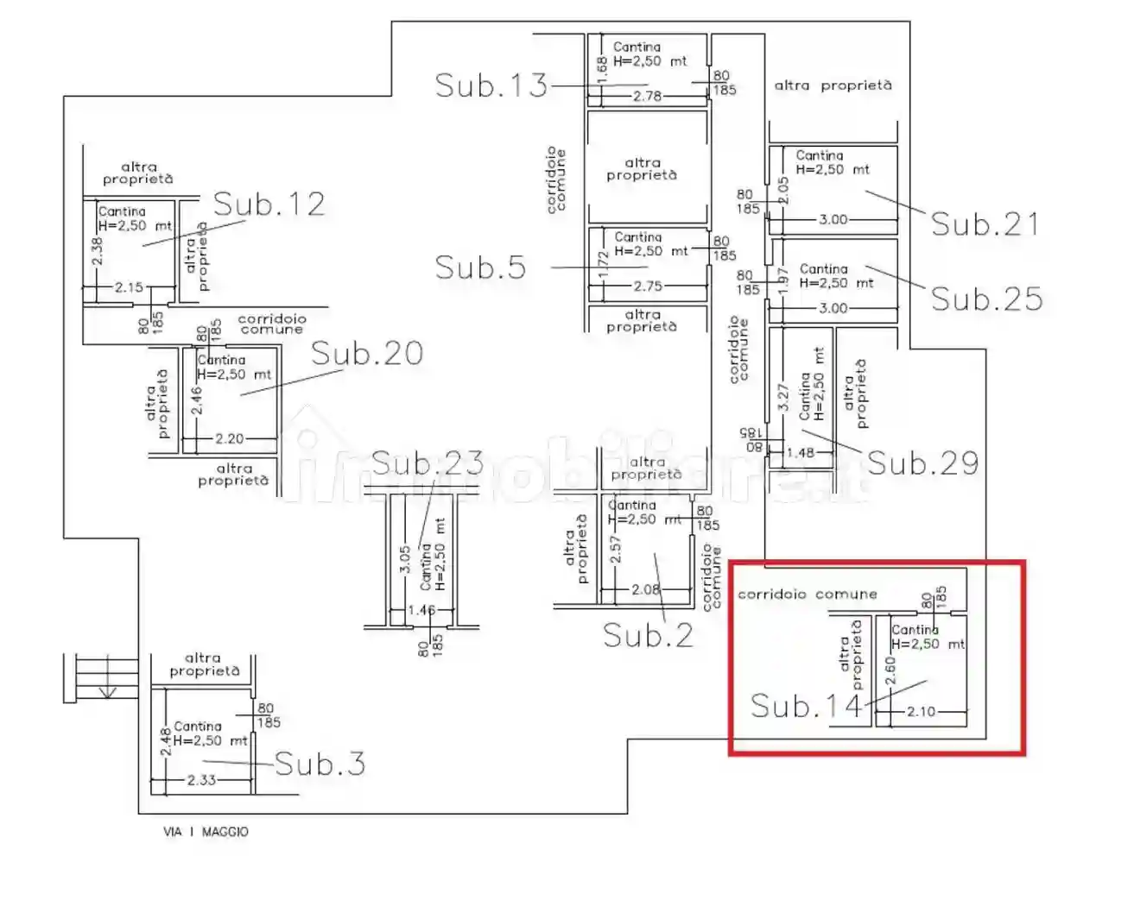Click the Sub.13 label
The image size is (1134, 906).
click(491, 85)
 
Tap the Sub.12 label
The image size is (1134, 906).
click(269, 204)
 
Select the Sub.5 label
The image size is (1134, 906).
click(480, 267)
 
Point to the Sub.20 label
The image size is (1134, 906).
click(367, 354)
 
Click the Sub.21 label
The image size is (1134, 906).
click(985, 224)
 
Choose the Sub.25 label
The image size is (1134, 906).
click(986, 299)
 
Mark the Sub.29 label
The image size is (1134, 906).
click(922, 463)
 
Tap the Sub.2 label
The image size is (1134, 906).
click(648, 636)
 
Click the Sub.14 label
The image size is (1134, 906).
click(806, 707)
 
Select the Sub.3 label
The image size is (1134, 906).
click(320, 764)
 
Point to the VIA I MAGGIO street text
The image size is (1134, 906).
click(206, 832)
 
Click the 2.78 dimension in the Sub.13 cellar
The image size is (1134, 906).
click(647, 96)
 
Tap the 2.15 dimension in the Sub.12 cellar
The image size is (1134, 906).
click(129, 287)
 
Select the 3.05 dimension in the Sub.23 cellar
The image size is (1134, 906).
click(405, 561)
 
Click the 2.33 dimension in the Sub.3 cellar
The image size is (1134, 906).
click(201, 780)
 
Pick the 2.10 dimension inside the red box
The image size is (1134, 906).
click(921, 712)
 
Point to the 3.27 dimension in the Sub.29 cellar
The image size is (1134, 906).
click(783, 397)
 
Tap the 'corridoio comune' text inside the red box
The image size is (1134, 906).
click(807, 595)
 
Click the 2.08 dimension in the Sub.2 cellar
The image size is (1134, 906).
click(645, 590)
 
